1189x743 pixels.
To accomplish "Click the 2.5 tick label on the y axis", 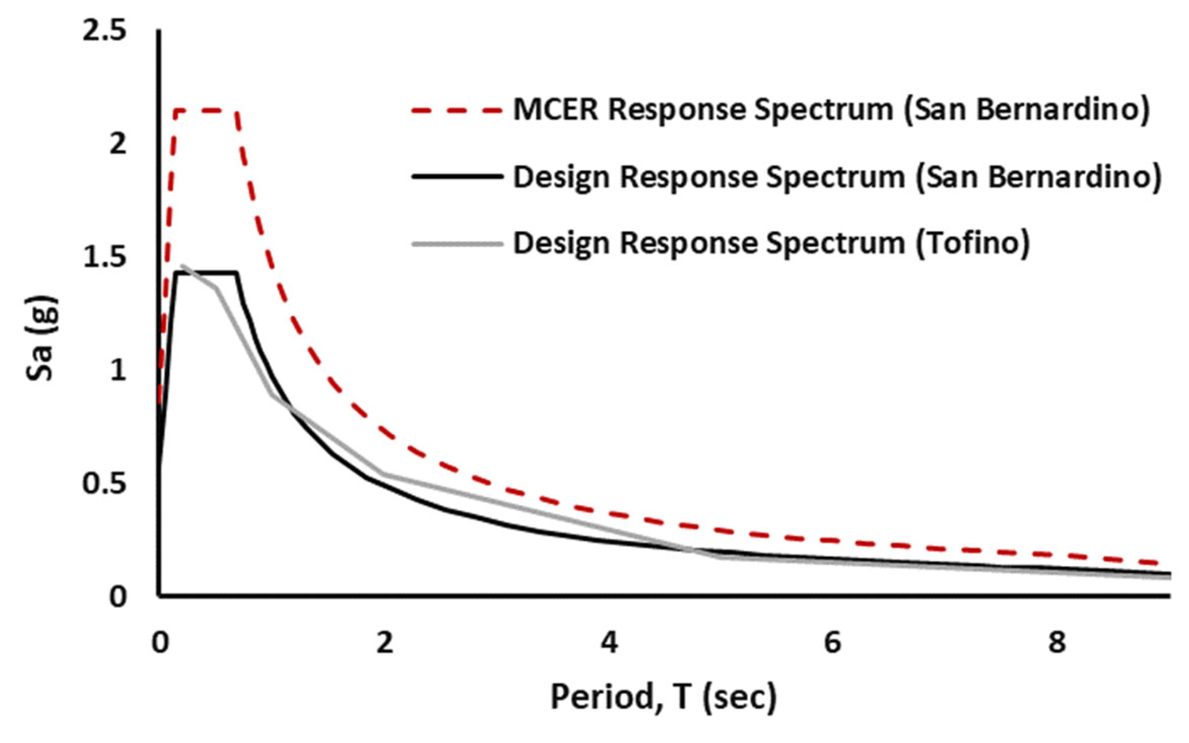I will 104,31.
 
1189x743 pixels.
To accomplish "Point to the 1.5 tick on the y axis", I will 104,257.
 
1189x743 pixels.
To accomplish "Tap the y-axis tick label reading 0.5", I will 104,483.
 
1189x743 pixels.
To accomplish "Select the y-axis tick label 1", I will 118,371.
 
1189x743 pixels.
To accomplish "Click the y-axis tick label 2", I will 118,144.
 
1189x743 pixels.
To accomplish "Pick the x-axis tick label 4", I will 609,643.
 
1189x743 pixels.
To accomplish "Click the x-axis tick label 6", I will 833,643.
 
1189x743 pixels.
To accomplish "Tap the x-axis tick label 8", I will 1057,643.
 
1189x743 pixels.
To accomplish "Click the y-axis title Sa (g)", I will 41,338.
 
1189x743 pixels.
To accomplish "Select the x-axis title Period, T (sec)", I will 664,697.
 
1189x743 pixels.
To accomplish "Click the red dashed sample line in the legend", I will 456,111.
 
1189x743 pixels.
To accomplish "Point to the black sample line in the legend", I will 456,176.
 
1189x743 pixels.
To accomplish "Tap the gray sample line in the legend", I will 456,244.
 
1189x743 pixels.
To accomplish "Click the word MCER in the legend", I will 556,110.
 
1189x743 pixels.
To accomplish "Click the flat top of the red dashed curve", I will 205,111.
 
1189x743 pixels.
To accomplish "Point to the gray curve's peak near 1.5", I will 183,265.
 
